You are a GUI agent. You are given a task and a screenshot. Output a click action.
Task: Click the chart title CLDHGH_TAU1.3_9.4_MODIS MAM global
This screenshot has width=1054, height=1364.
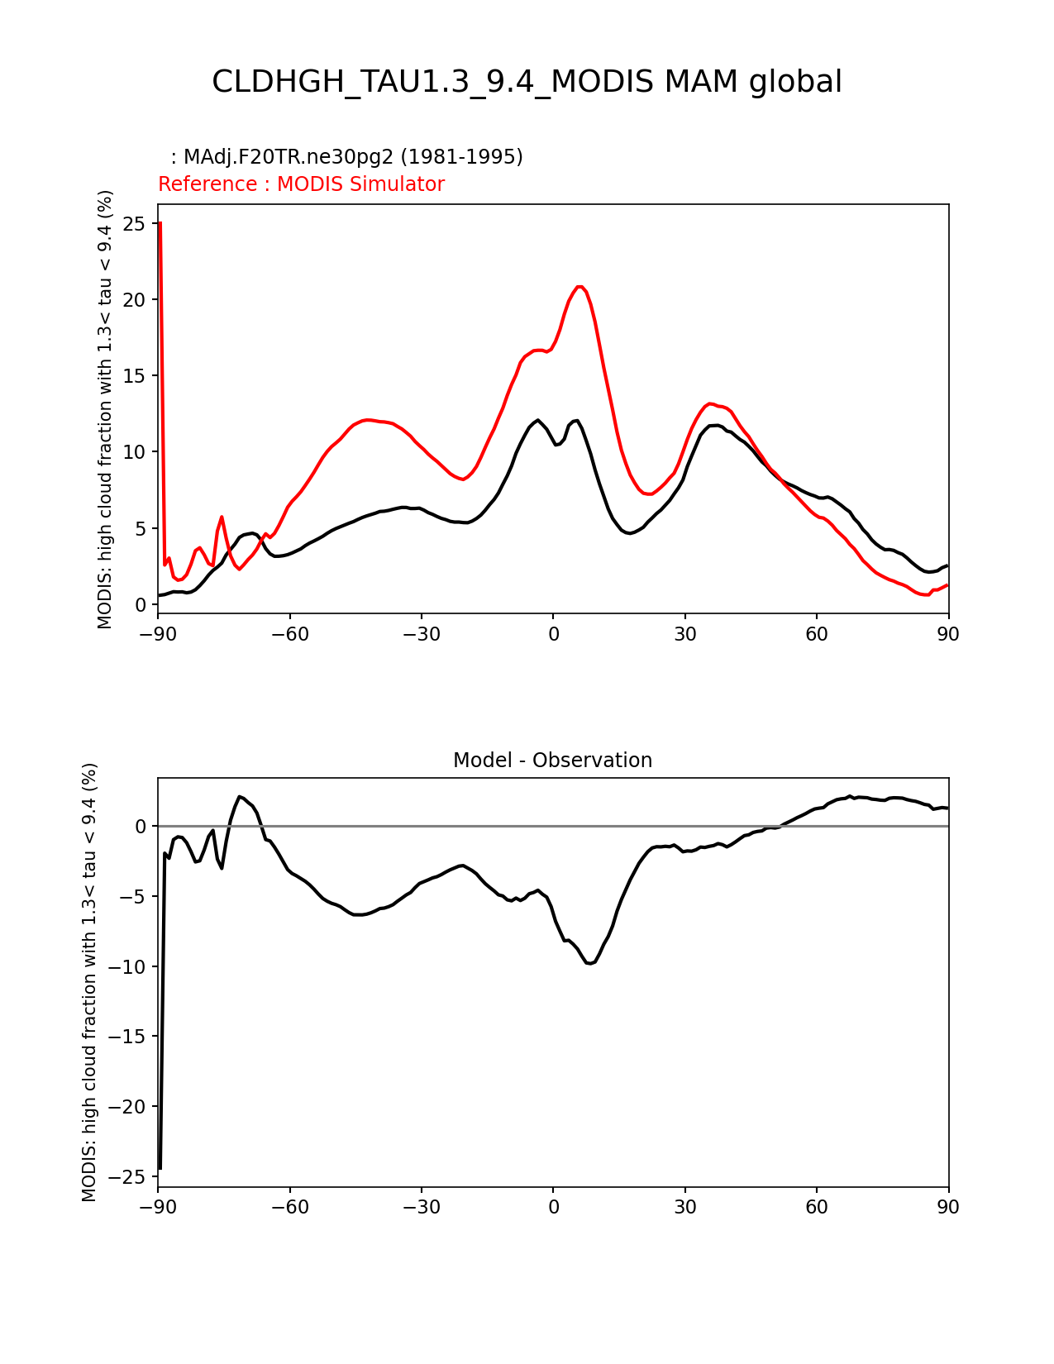point(527,82)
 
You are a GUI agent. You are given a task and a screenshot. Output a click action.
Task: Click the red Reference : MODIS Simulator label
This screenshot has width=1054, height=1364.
point(301,184)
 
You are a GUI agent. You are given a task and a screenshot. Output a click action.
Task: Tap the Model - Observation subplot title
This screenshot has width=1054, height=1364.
point(552,761)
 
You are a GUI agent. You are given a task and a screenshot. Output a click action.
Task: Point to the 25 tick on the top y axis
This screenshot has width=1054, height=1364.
point(135,224)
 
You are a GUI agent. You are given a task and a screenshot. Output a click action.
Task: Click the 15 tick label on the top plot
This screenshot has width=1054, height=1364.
point(135,376)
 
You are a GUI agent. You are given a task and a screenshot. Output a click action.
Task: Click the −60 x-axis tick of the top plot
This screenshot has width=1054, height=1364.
point(289,634)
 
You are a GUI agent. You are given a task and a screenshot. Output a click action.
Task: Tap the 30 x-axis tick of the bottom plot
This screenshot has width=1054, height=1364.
point(684,1207)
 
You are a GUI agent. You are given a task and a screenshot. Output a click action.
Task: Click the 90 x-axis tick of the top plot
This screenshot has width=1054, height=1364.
point(948,634)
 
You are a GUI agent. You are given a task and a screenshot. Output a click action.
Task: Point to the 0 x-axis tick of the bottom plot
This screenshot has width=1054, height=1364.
point(553,1207)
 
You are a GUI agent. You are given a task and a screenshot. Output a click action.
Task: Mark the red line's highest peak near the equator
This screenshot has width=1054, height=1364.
point(580,286)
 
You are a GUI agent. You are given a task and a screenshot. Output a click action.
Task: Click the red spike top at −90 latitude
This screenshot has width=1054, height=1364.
point(160,222)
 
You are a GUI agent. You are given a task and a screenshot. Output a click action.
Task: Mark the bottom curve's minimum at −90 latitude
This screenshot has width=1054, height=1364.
point(160,1168)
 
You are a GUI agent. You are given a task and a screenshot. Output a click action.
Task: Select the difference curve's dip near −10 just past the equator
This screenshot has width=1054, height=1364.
point(589,963)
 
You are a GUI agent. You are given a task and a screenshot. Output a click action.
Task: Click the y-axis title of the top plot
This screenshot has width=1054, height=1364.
point(105,409)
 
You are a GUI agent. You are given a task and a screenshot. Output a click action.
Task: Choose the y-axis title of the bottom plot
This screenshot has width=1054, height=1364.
point(89,982)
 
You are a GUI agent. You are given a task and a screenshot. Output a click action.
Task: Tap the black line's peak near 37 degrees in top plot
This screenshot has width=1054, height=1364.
point(716,425)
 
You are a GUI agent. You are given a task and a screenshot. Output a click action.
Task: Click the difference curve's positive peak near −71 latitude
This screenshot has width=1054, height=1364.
point(240,797)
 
